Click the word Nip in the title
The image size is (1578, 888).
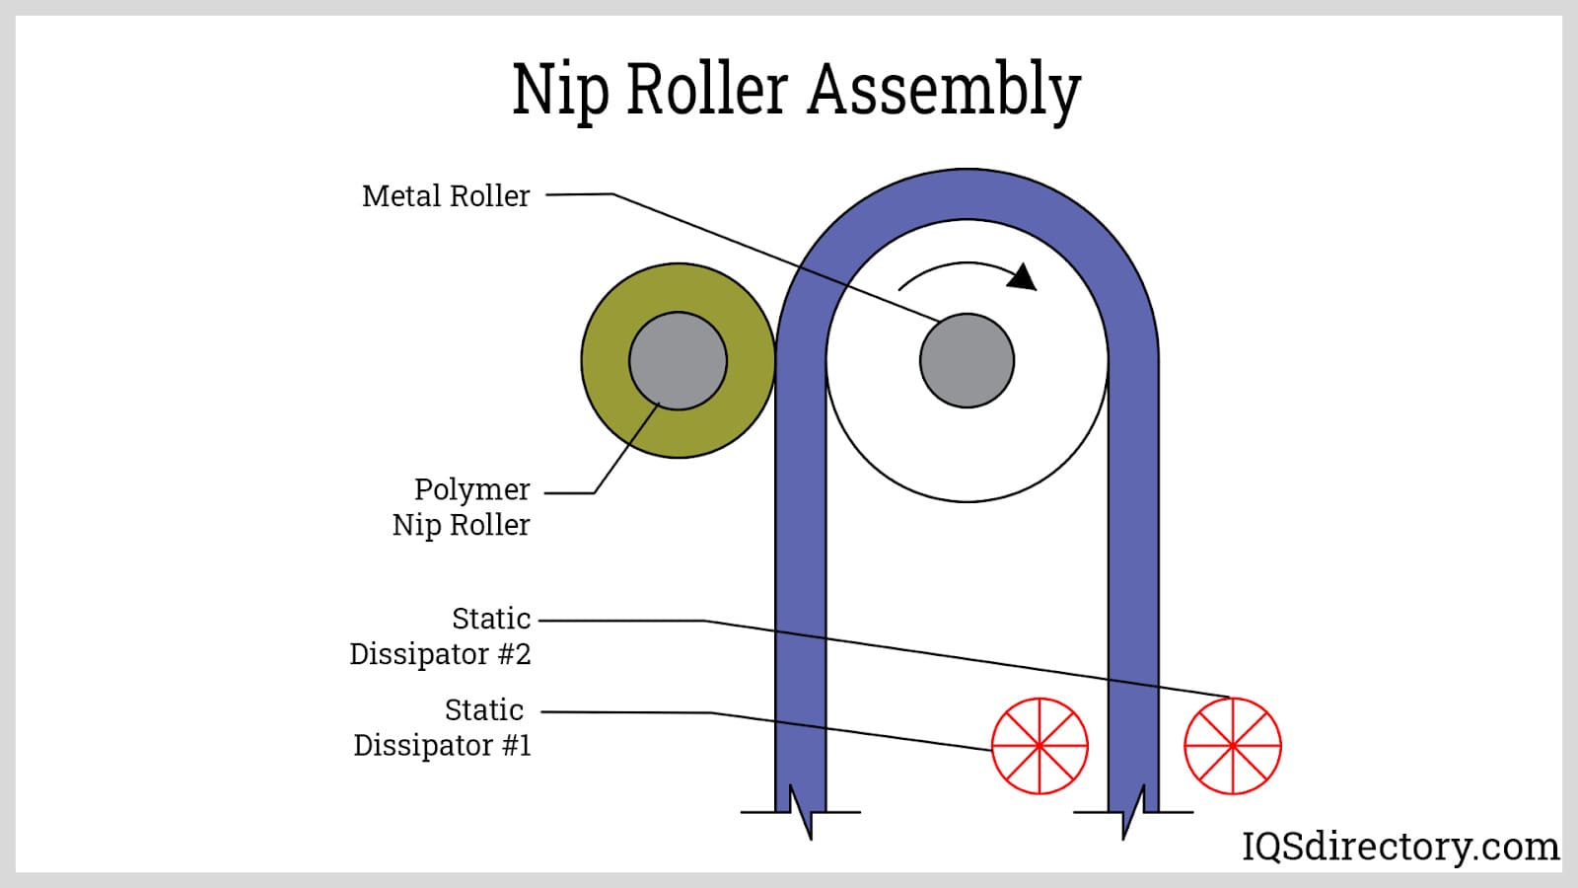[559, 90]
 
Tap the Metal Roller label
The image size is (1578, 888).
[446, 195]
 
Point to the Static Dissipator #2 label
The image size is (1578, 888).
[441, 636]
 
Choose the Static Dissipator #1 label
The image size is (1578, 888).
[443, 727]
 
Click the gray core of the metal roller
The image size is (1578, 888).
[967, 361]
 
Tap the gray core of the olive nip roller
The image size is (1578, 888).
[678, 361]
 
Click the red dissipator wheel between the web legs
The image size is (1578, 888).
[1040, 746]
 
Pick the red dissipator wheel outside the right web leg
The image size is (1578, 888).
[1233, 746]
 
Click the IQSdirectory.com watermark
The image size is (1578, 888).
[1399, 847]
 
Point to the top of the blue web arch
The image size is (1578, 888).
[967, 193]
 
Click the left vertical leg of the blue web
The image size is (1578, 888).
[801, 592]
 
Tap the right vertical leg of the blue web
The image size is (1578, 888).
[1133, 592]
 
